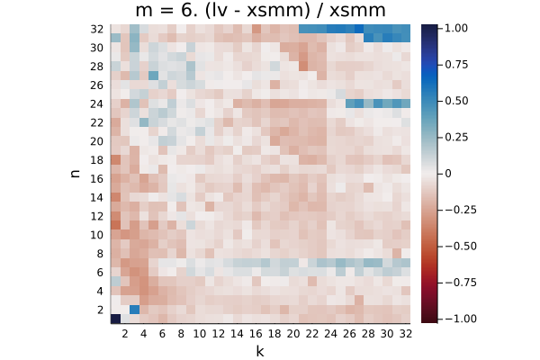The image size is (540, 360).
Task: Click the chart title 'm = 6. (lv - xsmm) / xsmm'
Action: [x=260, y=10]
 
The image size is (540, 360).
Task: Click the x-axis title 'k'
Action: [x=260, y=351]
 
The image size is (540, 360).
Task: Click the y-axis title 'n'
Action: [x=75, y=174]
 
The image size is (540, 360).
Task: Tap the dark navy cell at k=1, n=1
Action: [x=115, y=319]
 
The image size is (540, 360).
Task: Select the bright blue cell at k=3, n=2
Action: [x=134, y=310]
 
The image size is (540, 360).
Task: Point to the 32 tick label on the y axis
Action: [x=97, y=30]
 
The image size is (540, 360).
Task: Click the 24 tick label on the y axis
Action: [x=97, y=104]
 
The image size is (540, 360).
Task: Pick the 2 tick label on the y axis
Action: [x=100, y=310]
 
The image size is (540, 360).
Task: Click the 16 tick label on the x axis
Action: [x=256, y=334]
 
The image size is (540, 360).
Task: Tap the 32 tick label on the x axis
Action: [x=406, y=334]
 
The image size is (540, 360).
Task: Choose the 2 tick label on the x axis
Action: [x=125, y=334]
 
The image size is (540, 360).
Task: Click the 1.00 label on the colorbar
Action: [x=456, y=28]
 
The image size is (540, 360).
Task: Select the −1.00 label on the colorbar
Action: [x=461, y=319]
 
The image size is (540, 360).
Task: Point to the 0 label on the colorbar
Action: [x=448, y=174]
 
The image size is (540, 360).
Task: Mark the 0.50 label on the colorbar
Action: [x=456, y=101]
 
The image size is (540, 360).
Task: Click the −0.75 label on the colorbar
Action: [x=461, y=283]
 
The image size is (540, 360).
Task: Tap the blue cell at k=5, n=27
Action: [x=153, y=75]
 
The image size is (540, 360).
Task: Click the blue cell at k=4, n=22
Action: [x=144, y=122]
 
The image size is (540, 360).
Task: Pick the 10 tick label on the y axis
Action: [x=97, y=235]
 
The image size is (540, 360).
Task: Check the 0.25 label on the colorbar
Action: [x=456, y=137]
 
